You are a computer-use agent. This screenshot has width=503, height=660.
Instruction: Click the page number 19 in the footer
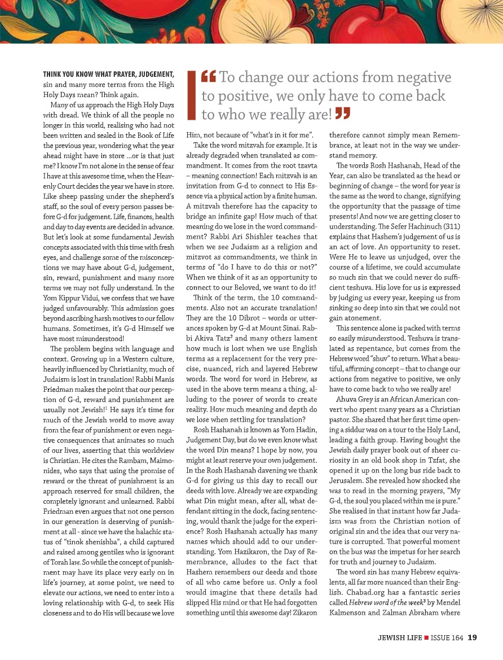coord(473,638)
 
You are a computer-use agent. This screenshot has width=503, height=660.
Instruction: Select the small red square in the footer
coord(428,638)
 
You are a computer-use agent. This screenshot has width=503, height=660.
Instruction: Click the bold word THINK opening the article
coord(56,74)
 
